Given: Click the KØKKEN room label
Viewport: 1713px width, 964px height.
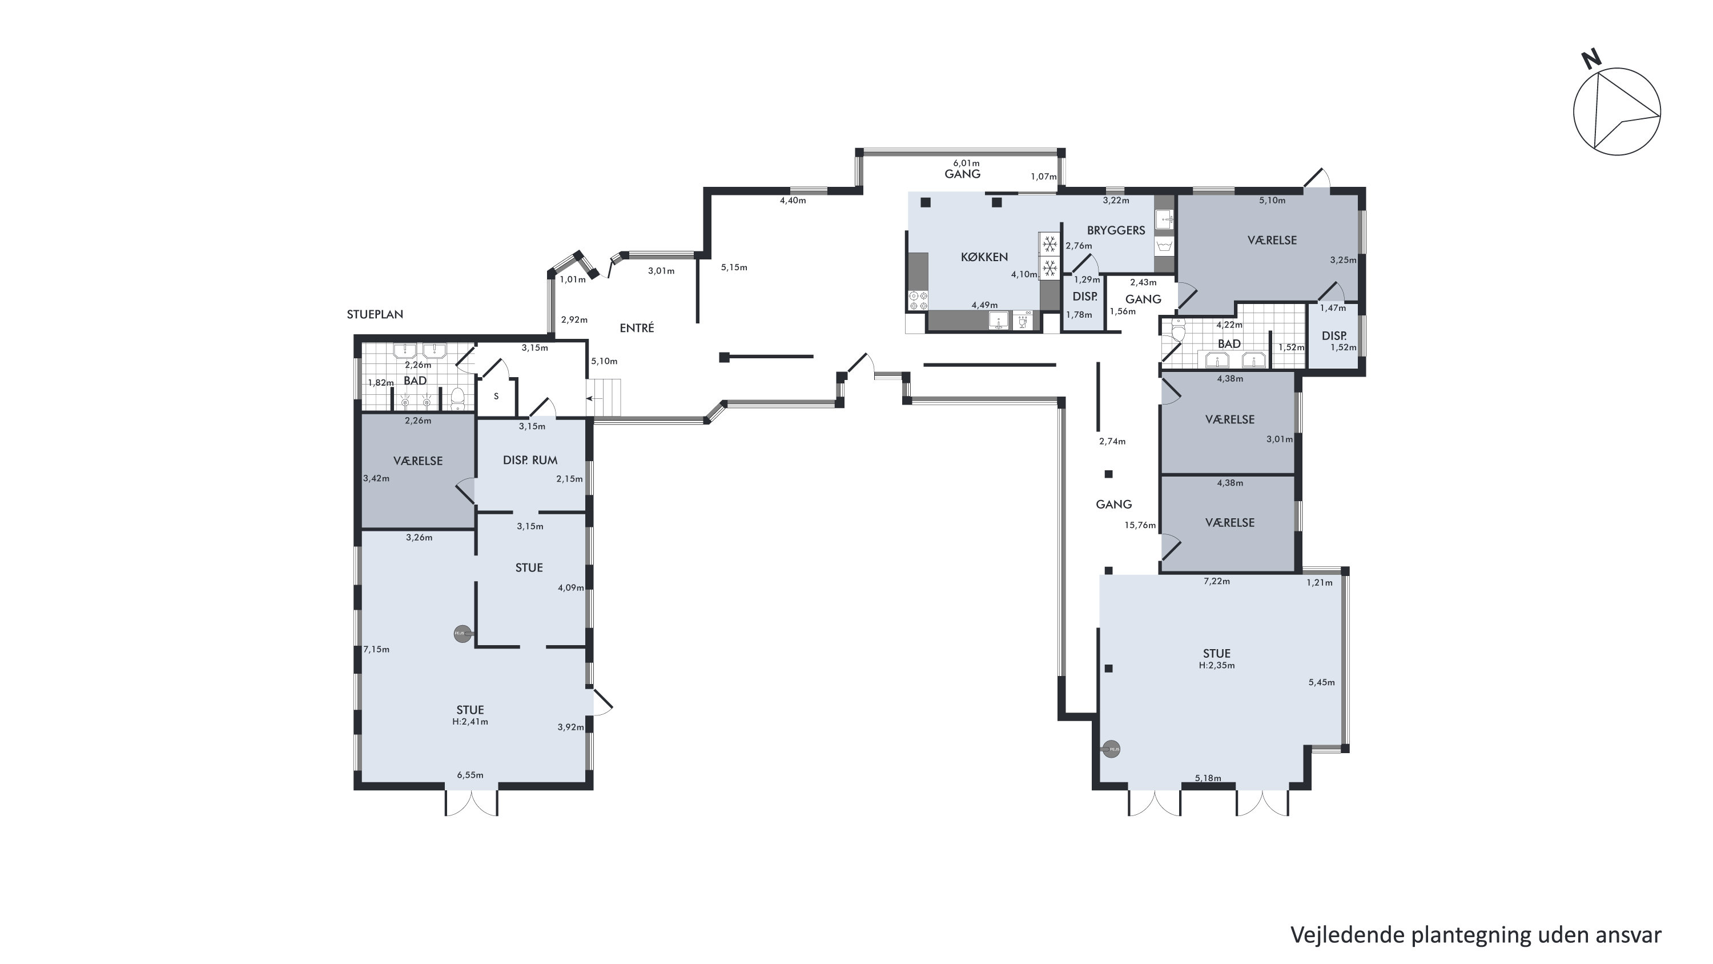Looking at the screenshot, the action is [984, 257].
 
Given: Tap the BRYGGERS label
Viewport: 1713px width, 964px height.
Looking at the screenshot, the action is [1116, 230].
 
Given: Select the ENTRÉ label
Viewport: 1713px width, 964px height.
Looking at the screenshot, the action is [637, 327].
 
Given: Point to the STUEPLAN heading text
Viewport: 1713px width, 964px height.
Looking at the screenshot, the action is [375, 314].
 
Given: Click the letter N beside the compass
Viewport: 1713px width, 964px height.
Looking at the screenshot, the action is [1591, 60].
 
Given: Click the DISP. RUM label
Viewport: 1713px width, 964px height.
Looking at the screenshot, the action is [530, 459].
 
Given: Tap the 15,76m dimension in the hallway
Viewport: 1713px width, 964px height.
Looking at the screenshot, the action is [1140, 525].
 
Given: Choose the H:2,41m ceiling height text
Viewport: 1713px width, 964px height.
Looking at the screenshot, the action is [470, 721].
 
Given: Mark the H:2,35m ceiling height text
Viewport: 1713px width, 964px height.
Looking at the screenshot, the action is [1217, 665].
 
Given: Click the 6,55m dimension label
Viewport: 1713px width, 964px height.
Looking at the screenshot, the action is [470, 774].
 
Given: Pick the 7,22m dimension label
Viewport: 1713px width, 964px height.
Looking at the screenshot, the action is [1217, 581].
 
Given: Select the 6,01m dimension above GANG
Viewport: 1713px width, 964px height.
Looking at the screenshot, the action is [966, 163].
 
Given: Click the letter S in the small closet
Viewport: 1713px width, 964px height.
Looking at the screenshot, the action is [496, 397].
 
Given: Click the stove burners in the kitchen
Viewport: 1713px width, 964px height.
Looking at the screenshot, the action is [918, 300].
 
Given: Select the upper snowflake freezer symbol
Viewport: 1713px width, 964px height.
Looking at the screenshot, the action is [1049, 245].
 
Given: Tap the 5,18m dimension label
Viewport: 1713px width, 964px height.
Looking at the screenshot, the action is [1208, 778].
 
